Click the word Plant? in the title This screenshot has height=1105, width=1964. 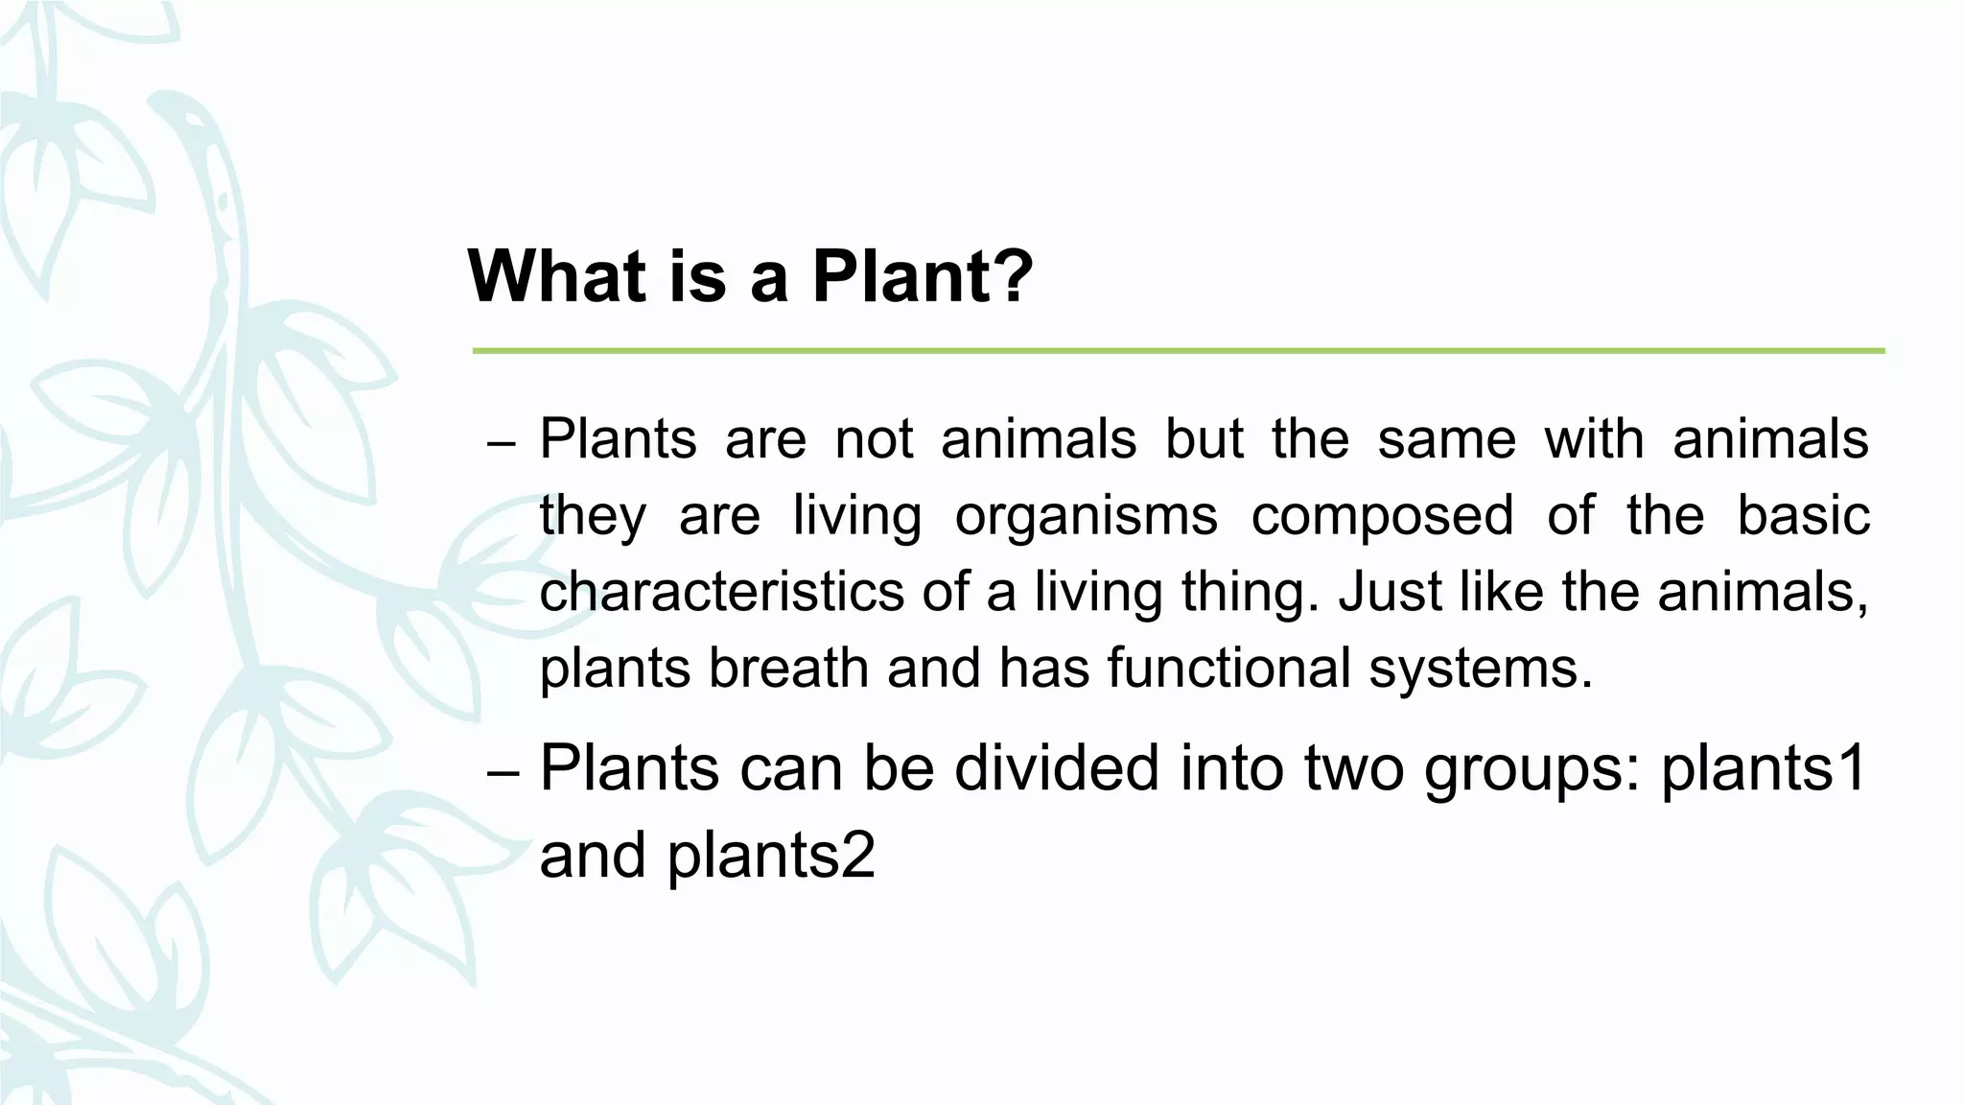click(x=923, y=276)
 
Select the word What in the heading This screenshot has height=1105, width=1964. click(x=558, y=276)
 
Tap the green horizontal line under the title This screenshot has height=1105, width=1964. click(x=1178, y=351)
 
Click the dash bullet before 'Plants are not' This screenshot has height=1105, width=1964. click(x=502, y=445)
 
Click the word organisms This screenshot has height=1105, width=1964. click(x=1086, y=516)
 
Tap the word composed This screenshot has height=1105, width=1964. click(x=1382, y=516)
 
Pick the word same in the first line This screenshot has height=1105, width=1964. click(x=1447, y=439)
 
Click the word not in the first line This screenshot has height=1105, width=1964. click(x=874, y=439)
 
